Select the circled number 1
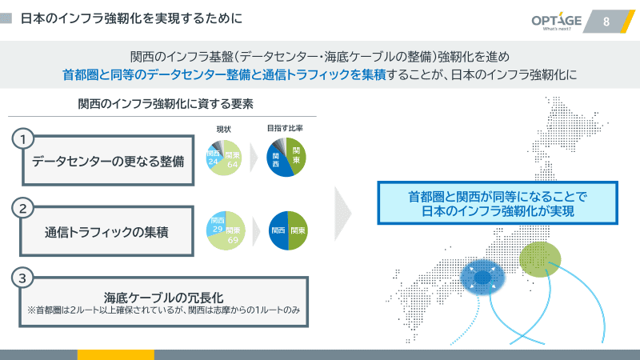point(24,139)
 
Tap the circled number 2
point(24,209)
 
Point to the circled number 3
point(24,278)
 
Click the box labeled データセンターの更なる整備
point(108,162)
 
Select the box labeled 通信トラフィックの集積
point(108,231)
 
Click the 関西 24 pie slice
point(214,156)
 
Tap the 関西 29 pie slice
point(215,224)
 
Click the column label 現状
point(224,128)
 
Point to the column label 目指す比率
point(286,128)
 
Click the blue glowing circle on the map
point(482,278)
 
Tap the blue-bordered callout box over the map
point(497,203)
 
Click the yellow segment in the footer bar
point(115,354)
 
